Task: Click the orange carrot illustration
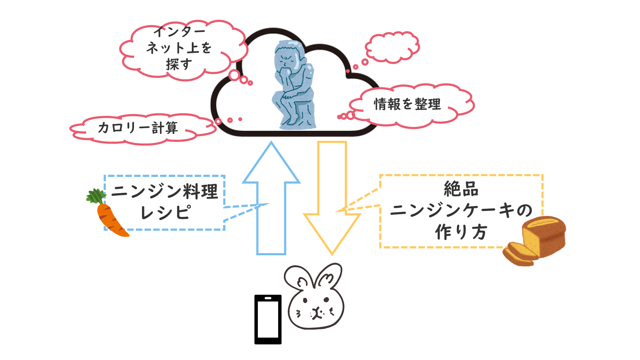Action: point(110,218)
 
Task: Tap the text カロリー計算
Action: point(138,128)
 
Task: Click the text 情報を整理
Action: point(407,104)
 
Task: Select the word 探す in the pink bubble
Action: point(179,65)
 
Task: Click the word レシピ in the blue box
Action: point(165,212)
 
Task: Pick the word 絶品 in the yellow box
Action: point(461,189)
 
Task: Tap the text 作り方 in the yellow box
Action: point(461,232)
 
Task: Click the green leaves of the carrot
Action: point(96,196)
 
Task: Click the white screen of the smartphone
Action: point(268,319)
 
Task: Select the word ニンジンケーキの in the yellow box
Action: point(461,210)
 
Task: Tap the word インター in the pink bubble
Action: point(180,32)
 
